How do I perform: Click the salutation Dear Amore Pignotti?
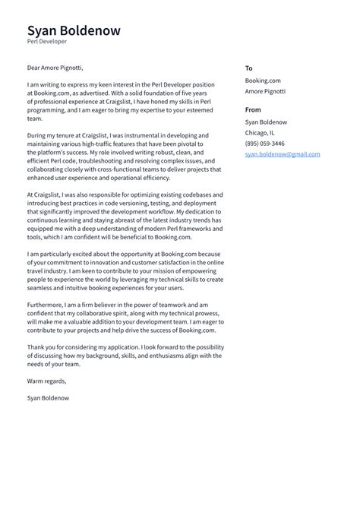point(55,68)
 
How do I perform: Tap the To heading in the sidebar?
point(248,68)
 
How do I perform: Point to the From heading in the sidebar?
point(253,110)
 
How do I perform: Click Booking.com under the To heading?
point(263,81)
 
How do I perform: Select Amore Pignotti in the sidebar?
point(265,91)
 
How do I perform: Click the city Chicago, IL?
point(261,133)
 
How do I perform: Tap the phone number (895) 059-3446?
point(264,144)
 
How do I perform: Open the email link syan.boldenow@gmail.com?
point(282,154)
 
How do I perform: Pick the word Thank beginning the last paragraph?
point(36,347)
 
